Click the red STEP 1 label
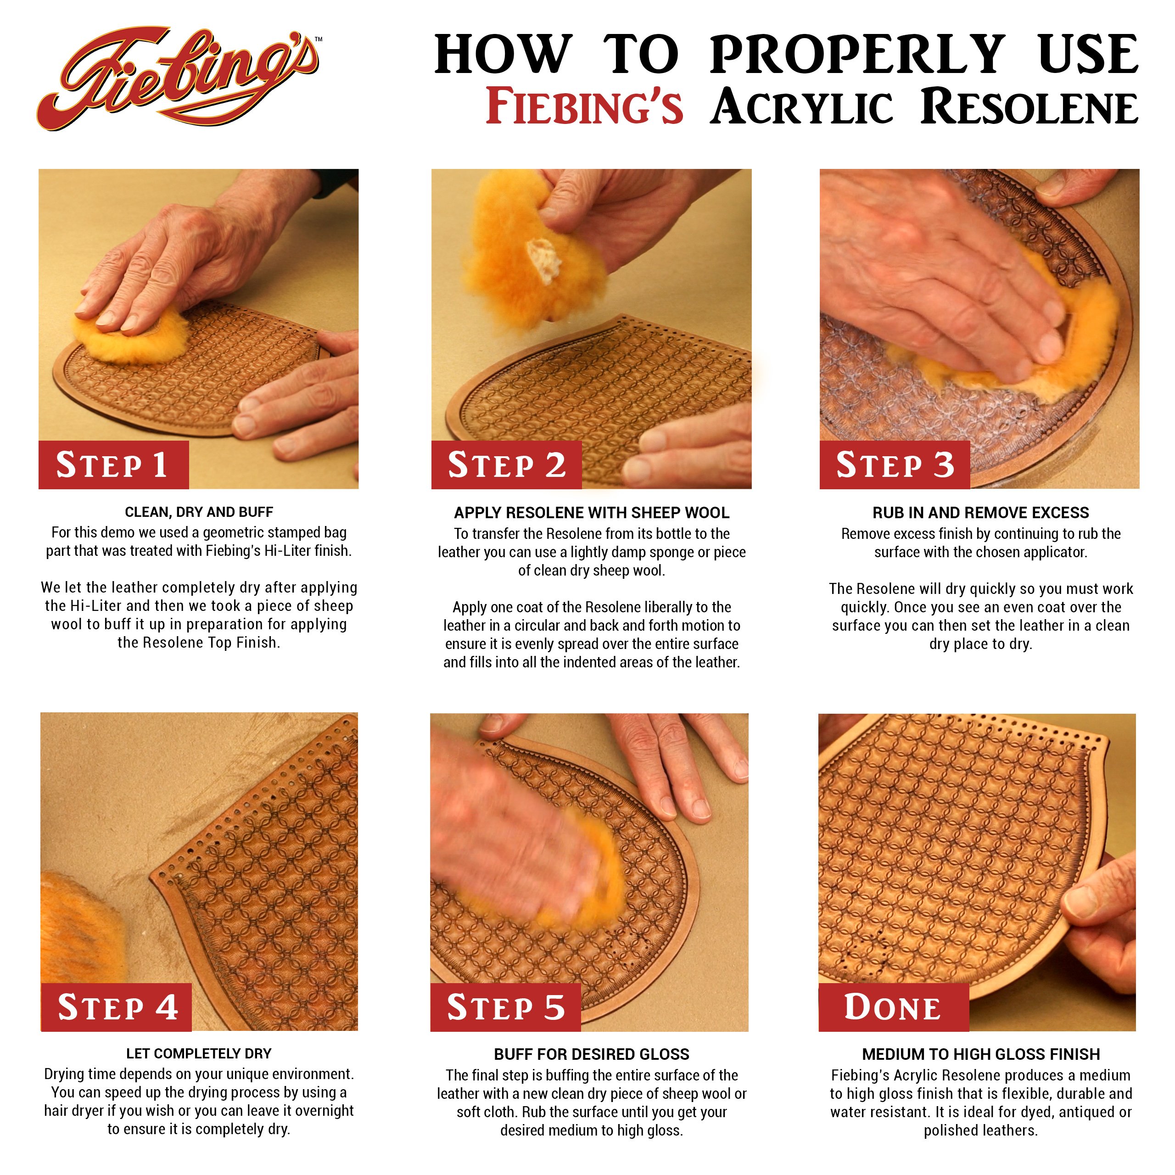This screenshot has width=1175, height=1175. tap(113, 465)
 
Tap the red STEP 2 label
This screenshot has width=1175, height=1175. tap(506, 465)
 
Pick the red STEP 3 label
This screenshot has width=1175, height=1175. tap(894, 465)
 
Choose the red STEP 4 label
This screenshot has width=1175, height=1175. tap(117, 1007)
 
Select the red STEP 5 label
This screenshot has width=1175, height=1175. tap(505, 1007)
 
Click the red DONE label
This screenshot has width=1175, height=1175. tap(893, 1007)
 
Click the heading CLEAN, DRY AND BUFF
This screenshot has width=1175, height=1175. tap(199, 512)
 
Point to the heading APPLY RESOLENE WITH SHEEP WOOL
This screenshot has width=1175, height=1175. tap(591, 513)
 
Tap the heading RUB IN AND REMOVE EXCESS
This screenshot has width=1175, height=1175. tap(980, 513)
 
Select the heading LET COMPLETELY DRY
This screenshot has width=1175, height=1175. tap(199, 1053)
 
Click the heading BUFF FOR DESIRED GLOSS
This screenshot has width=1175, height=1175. tap(591, 1054)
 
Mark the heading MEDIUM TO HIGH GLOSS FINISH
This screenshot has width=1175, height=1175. tap(980, 1054)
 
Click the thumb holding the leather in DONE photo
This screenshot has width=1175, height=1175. tap(1091, 900)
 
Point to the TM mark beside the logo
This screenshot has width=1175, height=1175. tap(319, 39)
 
